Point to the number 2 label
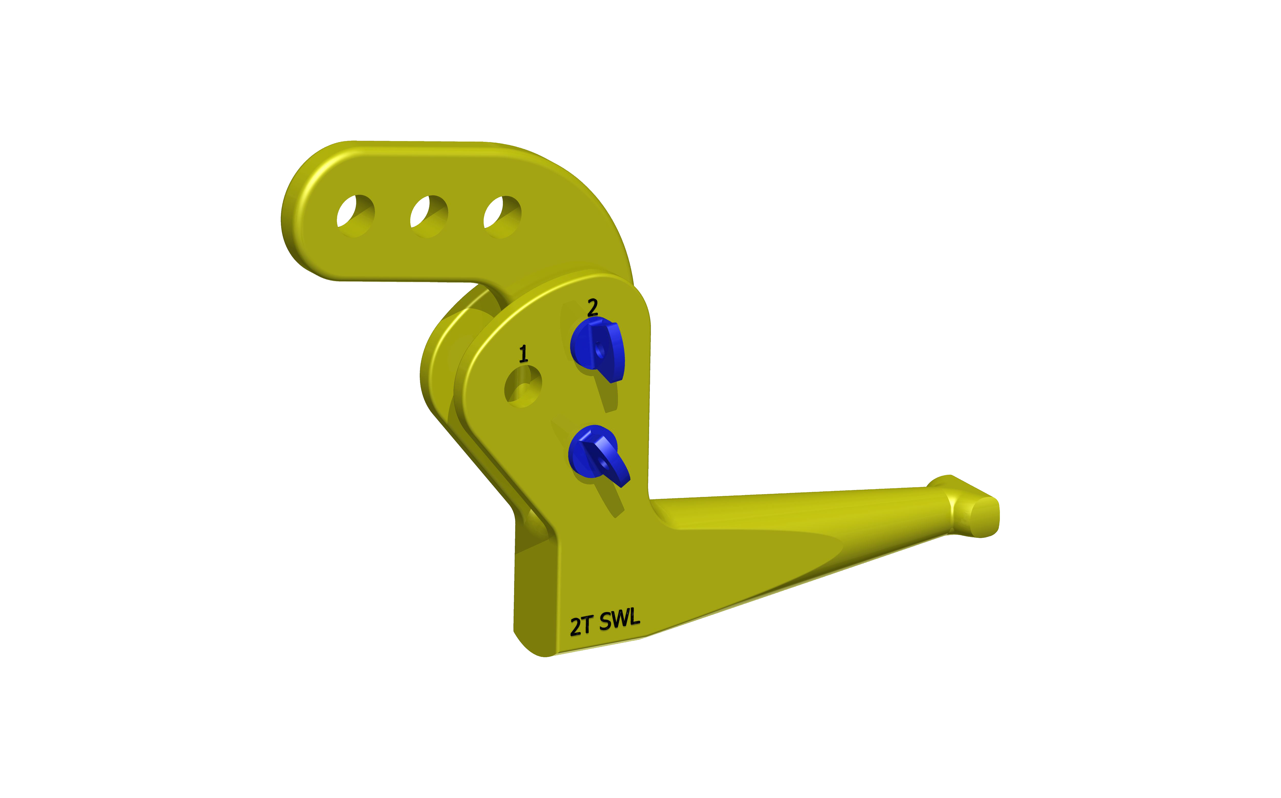tap(593, 307)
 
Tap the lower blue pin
tap(598, 455)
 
